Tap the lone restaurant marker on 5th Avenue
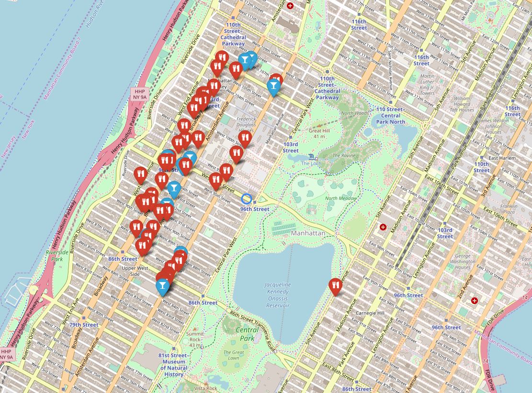pyautogui.click(x=336, y=286)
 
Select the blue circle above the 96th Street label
pyautogui.click(x=246, y=198)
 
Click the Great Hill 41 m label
pyautogui.click(x=319, y=133)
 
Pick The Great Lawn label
pyautogui.click(x=233, y=355)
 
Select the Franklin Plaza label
pyautogui.click(x=509, y=209)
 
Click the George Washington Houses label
pyautogui.click(x=463, y=262)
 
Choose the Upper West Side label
pyautogui.click(x=130, y=271)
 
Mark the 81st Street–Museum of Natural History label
pyautogui.click(x=174, y=365)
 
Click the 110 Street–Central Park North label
pyautogui.click(x=391, y=115)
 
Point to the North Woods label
pyautogui.click(x=354, y=113)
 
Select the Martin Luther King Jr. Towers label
pyautogui.click(x=427, y=85)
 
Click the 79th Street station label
pyautogui.click(x=83, y=325)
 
